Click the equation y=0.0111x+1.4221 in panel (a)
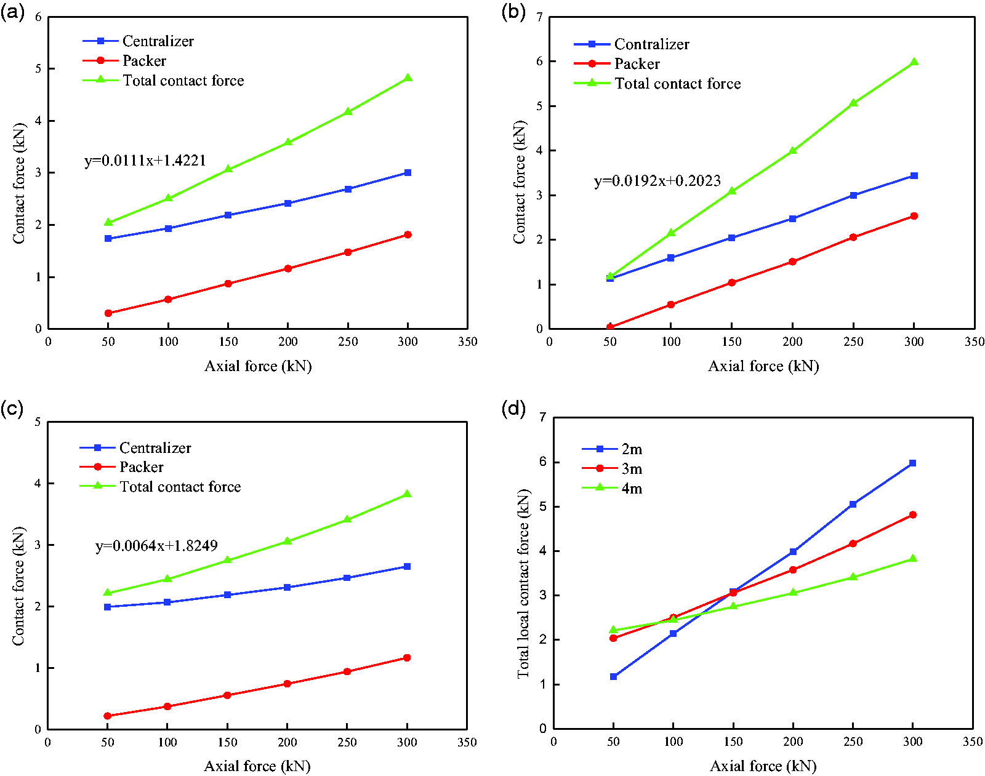pos(145,161)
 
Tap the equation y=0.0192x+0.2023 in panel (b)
pos(657,181)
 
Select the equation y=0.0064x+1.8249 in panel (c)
pos(156,546)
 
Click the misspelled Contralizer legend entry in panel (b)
pos(651,44)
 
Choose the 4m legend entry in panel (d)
pos(632,489)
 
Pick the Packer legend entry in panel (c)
pos(142,467)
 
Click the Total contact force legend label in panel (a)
pos(183,81)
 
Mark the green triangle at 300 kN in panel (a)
pos(408,78)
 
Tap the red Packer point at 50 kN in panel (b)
pos(609,327)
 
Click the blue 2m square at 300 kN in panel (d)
pos(912,463)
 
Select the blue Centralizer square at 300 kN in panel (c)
pos(407,566)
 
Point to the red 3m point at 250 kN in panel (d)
pos(853,543)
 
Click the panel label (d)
pos(513,407)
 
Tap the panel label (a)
pos(12,12)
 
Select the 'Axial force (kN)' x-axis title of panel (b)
pos(763,366)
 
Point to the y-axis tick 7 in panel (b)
pos(540,17)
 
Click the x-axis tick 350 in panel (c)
pos(467,742)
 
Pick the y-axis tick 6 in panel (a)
pos(38,17)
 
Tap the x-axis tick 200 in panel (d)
pos(793,742)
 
